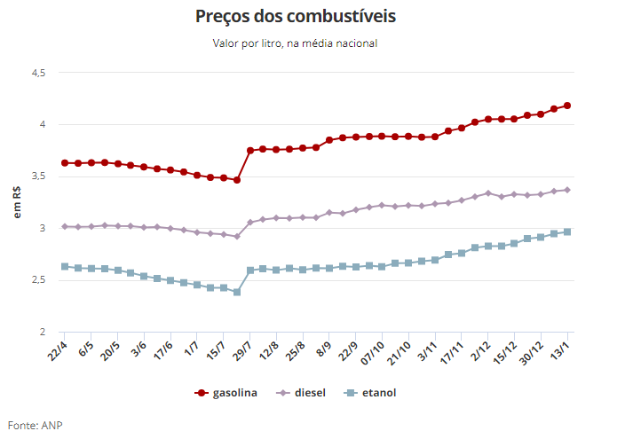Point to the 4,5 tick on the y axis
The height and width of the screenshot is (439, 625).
[37, 73]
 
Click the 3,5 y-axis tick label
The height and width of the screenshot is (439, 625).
[37, 176]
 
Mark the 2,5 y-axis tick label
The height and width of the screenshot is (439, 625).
[37, 280]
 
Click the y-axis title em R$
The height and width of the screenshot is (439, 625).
[17, 202]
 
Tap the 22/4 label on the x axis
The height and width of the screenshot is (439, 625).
[58, 347]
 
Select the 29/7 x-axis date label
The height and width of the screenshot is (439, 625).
[243, 347]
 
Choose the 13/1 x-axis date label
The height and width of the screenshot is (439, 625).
[561, 347]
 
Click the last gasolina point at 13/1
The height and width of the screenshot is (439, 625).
[567, 106]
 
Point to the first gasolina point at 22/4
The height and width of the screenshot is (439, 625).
[65, 163]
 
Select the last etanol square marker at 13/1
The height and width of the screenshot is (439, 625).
[567, 232]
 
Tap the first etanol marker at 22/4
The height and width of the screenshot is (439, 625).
[65, 266]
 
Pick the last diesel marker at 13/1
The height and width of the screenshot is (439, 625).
[567, 190]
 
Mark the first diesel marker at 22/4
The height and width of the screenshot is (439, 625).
[65, 227]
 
